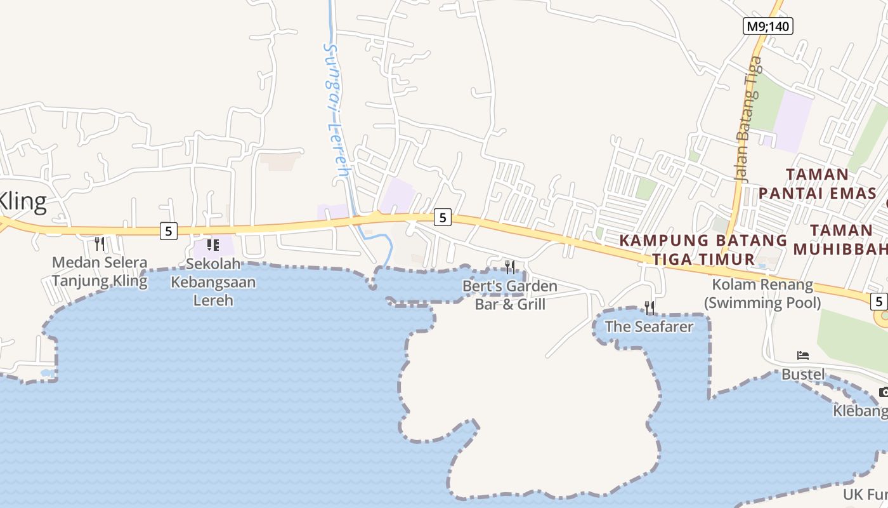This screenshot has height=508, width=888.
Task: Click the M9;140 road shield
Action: pos(768,26)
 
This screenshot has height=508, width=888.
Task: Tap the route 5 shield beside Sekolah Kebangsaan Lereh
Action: pos(168,231)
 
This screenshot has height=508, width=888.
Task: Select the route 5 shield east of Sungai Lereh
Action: pos(443,218)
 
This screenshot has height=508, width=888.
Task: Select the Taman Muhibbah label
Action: pos(841,239)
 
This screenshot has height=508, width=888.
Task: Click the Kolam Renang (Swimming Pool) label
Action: pos(762,293)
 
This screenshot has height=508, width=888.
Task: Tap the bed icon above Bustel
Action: pos(803,356)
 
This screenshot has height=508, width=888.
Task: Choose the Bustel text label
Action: pos(803,374)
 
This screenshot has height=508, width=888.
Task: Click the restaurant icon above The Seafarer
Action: pos(650,308)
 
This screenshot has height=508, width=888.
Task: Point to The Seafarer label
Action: pos(649,326)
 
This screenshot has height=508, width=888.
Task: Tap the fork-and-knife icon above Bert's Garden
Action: pos(510,267)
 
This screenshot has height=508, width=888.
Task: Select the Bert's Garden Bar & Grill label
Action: pos(510,295)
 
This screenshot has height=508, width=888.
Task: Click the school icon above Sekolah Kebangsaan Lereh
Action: pos(213,244)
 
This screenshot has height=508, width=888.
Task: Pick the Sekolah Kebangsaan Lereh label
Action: pos(213,282)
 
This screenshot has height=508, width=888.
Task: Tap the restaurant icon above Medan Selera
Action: pos(100,243)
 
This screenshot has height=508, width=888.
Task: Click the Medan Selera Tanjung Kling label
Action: pos(100,271)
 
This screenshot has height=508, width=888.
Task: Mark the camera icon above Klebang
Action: pos(884,392)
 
